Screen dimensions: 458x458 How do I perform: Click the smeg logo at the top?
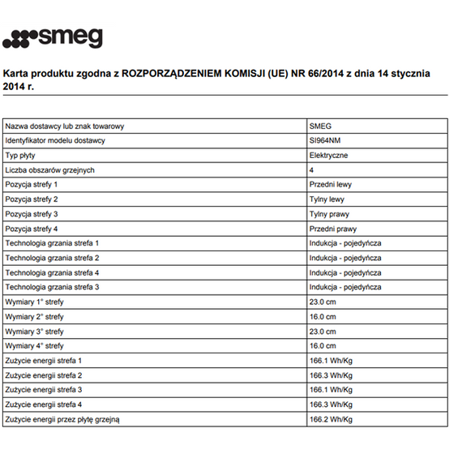coord(53,37)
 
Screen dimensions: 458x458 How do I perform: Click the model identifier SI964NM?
coord(324,140)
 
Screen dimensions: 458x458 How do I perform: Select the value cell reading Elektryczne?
coord(329,155)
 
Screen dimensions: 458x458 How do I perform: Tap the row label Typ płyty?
coord(22,155)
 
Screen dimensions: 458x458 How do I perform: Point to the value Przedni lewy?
coord(331,184)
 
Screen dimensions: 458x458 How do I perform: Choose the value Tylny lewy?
coord(327,199)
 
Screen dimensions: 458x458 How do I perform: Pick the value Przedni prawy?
coord(333,229)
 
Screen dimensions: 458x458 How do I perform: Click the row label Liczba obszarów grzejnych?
coord(50,169)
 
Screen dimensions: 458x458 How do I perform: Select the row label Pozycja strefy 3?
coord(32,214)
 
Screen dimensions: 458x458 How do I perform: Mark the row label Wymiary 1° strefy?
coord(34,302)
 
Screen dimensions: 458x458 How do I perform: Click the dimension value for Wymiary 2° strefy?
coord(323,317)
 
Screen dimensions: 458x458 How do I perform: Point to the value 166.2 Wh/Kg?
coord(331,419)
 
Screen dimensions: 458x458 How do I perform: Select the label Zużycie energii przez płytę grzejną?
coord(62,419)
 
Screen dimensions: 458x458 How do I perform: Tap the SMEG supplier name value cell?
coord(321,126)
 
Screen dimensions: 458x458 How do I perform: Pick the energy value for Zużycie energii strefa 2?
coord(331,375)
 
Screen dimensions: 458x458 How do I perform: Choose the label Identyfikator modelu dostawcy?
coord(55,140)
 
